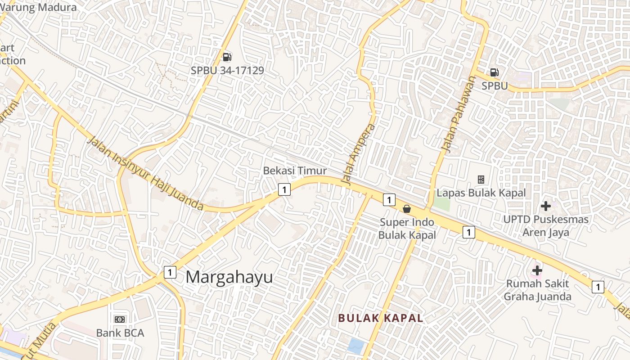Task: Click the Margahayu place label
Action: (229, 277)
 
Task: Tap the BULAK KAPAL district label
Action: (381, 318)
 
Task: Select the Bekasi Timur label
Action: (295, 171)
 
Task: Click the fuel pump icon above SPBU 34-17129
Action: (227, 57)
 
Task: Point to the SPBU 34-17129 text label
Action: (227, 71)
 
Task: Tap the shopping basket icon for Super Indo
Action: (407, 209)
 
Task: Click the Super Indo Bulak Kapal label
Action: (407, 229)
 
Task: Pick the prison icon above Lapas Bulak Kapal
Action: (481, 180)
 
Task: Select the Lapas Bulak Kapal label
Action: (481, 193)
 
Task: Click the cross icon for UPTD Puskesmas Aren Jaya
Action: (546, 206)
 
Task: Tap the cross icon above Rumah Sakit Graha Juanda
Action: (537, 270)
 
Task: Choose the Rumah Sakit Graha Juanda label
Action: (537, 290)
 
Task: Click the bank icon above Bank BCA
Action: (120, 319)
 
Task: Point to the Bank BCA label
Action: (120, 333)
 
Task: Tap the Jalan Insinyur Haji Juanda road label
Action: (146, 174)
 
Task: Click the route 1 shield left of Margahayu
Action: (170, 272)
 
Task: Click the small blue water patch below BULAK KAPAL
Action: (356, 346)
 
